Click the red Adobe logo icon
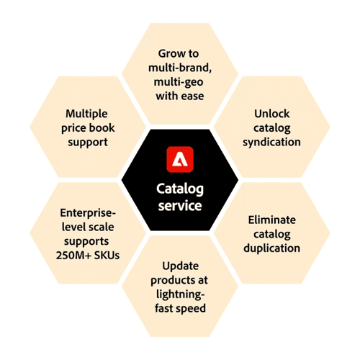pos(180,159)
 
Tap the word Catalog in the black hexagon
pos(180,189)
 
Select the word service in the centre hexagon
pos(180,206)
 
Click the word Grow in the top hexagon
pos(170,53)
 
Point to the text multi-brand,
pos(180,68)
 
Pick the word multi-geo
pos(179,82)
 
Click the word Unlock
pos(272,114)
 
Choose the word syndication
pos(271,142)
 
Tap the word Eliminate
pos(272,220)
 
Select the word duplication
pos(272,248)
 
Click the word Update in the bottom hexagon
pos(181,266)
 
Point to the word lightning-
pos(181,294)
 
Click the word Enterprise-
pos(88,213)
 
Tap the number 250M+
pos(73,256)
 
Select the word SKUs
pos(107,256)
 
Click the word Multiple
pos(86,114)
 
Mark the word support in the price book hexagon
pos(88,143)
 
